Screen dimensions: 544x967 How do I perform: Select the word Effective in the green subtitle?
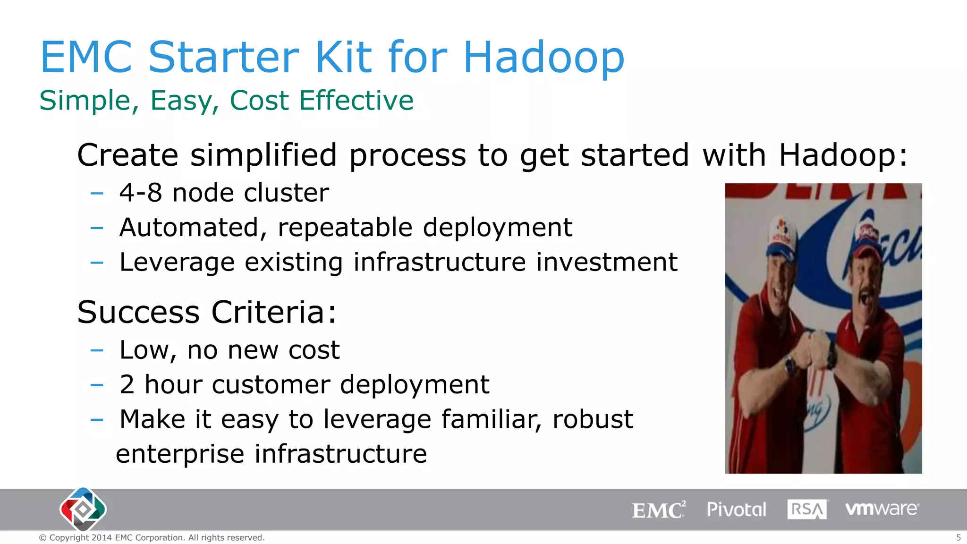(356, 100)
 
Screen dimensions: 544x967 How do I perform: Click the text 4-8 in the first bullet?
(141, 193)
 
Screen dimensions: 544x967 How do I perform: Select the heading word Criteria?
(273, 312)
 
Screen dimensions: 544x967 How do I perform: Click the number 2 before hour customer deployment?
(127, 384)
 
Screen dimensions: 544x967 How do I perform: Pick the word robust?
(593, 419)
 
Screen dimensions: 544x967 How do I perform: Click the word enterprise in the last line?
(180, 454)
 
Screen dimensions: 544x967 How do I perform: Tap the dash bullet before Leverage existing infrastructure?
(97, 262)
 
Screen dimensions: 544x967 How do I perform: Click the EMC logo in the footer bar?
(658, 510)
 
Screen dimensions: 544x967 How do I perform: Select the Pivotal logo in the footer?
(736, 510)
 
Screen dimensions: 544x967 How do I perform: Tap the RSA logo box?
(807, 510)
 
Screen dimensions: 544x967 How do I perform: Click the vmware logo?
(882, 509)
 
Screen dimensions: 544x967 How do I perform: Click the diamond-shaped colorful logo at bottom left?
(83, 509)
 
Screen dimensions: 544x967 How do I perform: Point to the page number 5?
(958, 537)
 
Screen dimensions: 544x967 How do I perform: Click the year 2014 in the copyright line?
(102, 537)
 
